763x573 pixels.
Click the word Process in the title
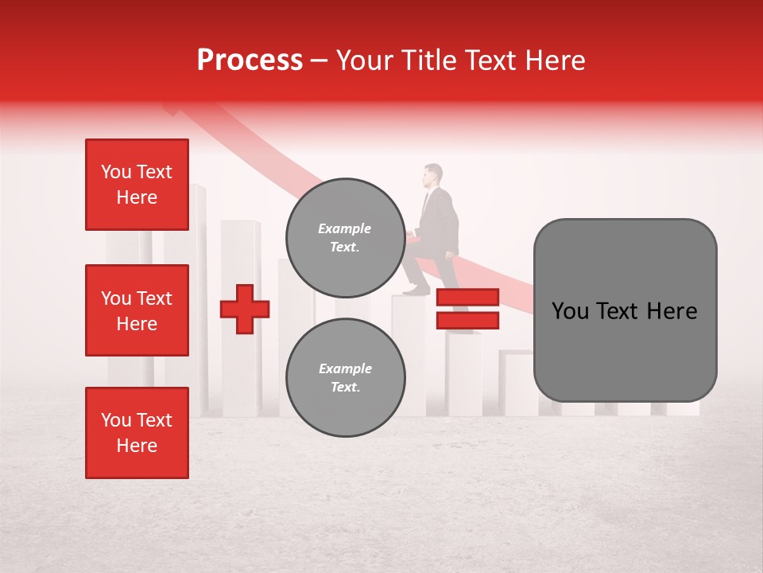[x=250, y=60]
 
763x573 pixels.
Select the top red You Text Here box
[x=137, y=185]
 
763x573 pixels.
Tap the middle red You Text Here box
[x=137, y=310]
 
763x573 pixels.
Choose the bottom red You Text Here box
[x=137, y=433]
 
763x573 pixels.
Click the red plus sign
[x=245, y=309]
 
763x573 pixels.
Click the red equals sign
[x=467, y=309]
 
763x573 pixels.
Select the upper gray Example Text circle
[x=345, y=237]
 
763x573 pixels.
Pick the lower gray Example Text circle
[x=345, y=377]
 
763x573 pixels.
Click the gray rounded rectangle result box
[x=625, y=310]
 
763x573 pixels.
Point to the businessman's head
[x=433, y=175]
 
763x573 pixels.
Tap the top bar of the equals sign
[x=467, y=298]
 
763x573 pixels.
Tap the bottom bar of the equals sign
[x=467, y=320]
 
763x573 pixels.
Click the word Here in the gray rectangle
[x=672, y=311]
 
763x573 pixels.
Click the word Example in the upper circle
[x=345, y=228]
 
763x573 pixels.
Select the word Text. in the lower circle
[x=345, y=388]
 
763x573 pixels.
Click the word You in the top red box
[x=116, y=172]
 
